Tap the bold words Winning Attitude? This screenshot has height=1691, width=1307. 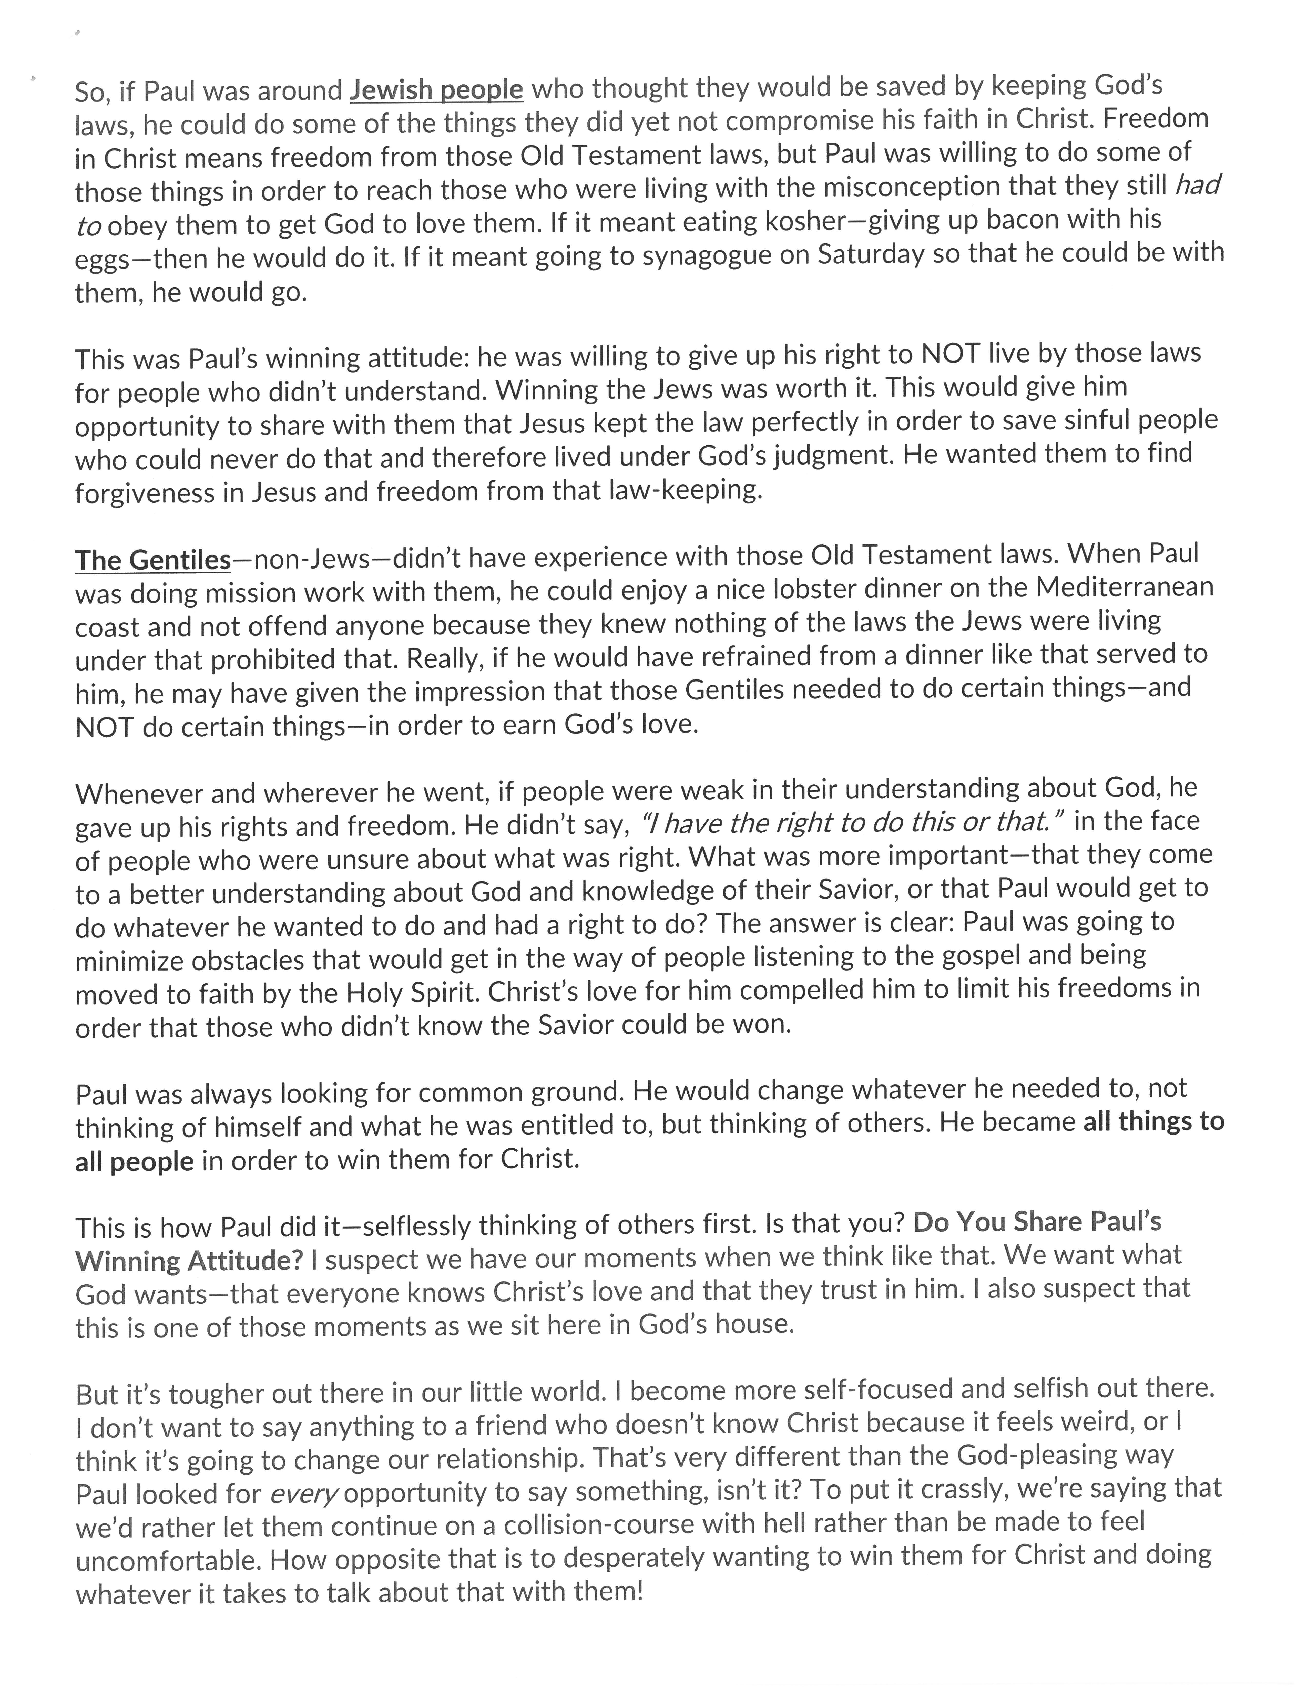coord(189,1261)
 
